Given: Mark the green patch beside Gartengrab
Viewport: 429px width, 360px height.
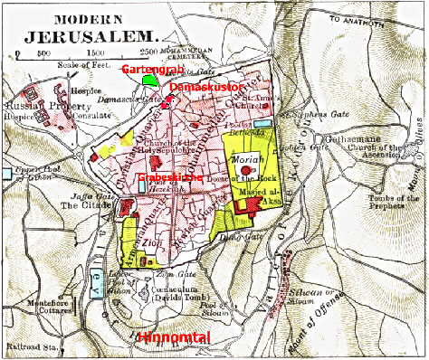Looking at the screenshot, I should pos(150,81).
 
